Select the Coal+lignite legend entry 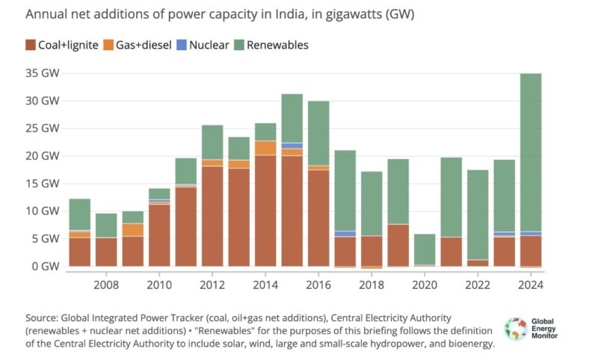(x=63, y=45)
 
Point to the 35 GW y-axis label (x=42, y=73)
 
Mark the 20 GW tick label (x=42, y=156)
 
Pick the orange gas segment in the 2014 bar (x=265, y=148)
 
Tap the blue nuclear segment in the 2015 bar (x=292, y=146)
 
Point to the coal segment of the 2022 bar (x=477, y=263)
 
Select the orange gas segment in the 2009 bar (x=132, y=230)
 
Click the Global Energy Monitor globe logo (x=515, y=329)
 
